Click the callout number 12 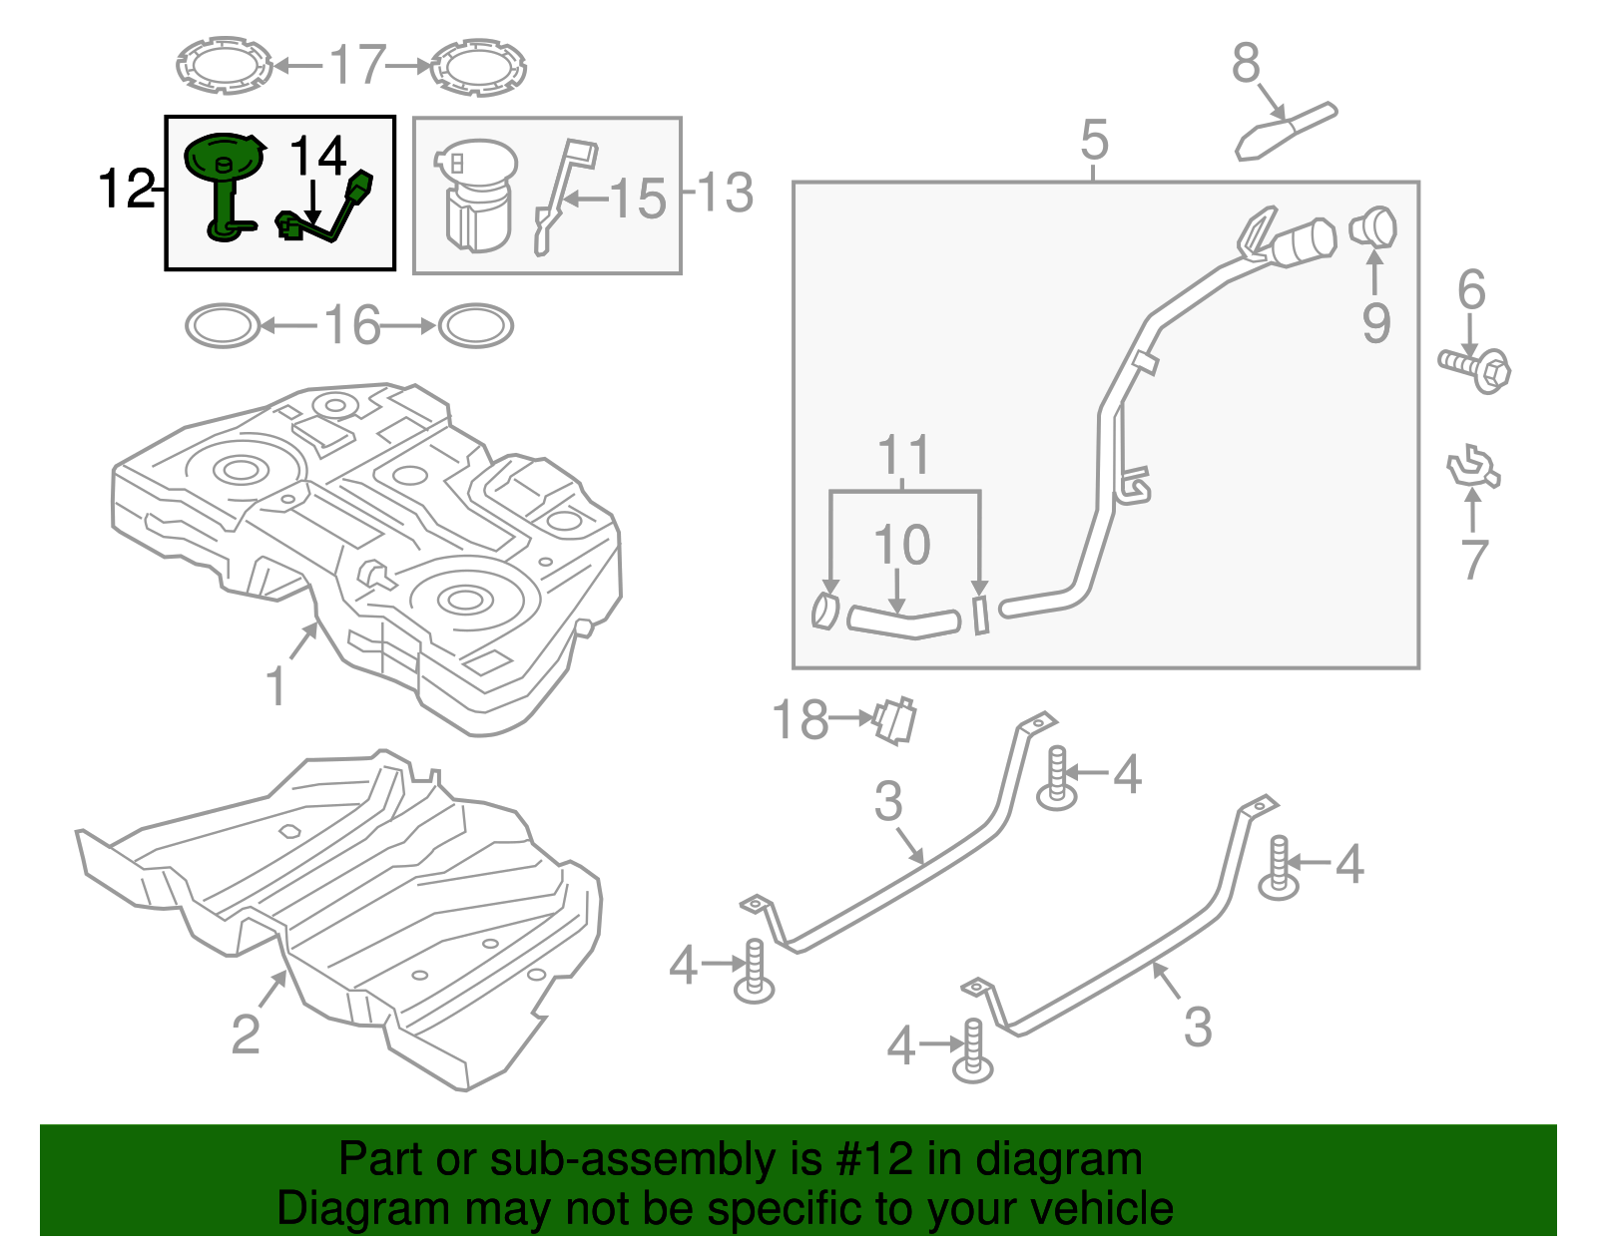pyautogui.click(x=126, y=188)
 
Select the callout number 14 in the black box pyautogui.click(x=317, y=157)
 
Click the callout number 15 pyautogui.click(x=637, y=199)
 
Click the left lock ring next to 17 pyautogui.click(x=224, y=67)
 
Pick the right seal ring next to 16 pyautogui.click(x=476, y=326)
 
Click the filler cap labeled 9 pyautogui.click(x=1373, y=227)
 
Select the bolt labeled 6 pyautogui.click(x=1475, y=368)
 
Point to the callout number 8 pyautogui.click(x=1246, y=64)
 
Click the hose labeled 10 pyautogui.click(x=902, y=622)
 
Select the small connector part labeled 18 pyautogui.click(x=895, y=720)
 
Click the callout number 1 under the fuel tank pyautogui.click(x=275, y=686)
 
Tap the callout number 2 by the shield pyautogui.click(x=246, y=1034)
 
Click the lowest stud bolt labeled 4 pyautogui.click(x=972, y=1053)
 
